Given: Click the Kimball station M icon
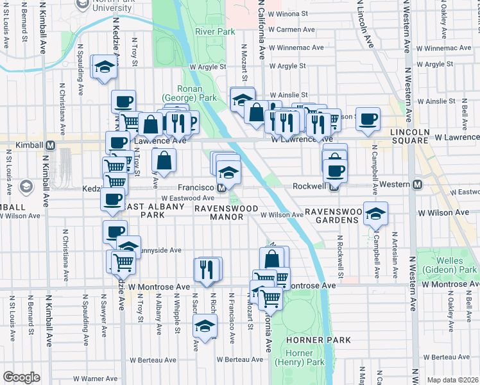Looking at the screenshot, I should tap(49, 146).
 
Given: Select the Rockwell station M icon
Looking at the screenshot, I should tap(334, 187).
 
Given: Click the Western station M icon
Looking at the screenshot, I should tap(417, 185).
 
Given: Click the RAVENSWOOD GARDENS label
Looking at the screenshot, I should tap(331, 215).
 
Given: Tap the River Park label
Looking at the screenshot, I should tap(215, 31).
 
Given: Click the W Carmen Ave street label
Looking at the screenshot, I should tap(292, 30).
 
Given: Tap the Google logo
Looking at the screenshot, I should tap(21, 377).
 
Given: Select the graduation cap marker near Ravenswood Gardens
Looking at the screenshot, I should tap(375, 214).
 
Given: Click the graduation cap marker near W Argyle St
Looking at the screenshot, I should tap(103, 67).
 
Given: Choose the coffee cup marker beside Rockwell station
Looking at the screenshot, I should tap(335, 170).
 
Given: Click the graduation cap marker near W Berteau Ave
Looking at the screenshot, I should tap(205, 327).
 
